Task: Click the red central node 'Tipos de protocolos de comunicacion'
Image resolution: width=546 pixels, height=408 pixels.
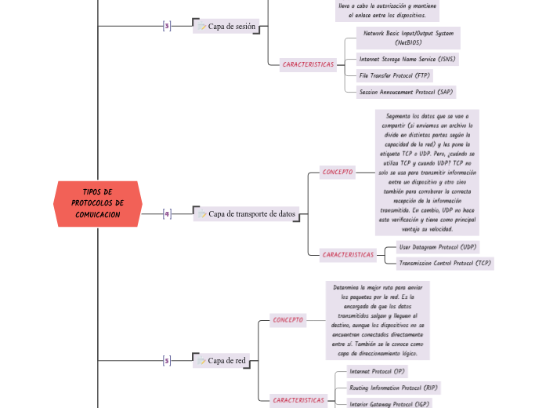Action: (98, 204)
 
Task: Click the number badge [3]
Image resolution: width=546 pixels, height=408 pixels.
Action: (166, 26)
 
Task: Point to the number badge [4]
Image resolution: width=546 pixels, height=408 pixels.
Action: (166, 213)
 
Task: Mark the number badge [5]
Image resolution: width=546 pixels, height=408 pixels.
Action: (166, 361)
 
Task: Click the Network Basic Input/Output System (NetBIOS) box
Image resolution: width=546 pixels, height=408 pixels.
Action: (407, 38)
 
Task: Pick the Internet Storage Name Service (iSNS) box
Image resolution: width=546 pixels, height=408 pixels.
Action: (407, 59)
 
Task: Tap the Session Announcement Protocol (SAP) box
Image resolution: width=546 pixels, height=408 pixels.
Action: (405, 92)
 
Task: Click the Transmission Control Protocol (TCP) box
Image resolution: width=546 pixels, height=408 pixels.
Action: (445, 263)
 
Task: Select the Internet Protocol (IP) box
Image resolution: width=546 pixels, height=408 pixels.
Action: (378, 371)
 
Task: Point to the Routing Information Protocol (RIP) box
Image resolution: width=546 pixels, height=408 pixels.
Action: (393, 388)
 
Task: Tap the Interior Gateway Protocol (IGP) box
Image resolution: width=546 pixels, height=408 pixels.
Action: (389, 403)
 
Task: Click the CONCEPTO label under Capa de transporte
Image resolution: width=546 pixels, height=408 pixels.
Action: (338, 171)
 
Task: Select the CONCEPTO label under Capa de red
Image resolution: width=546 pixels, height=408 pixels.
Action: (287, 319)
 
